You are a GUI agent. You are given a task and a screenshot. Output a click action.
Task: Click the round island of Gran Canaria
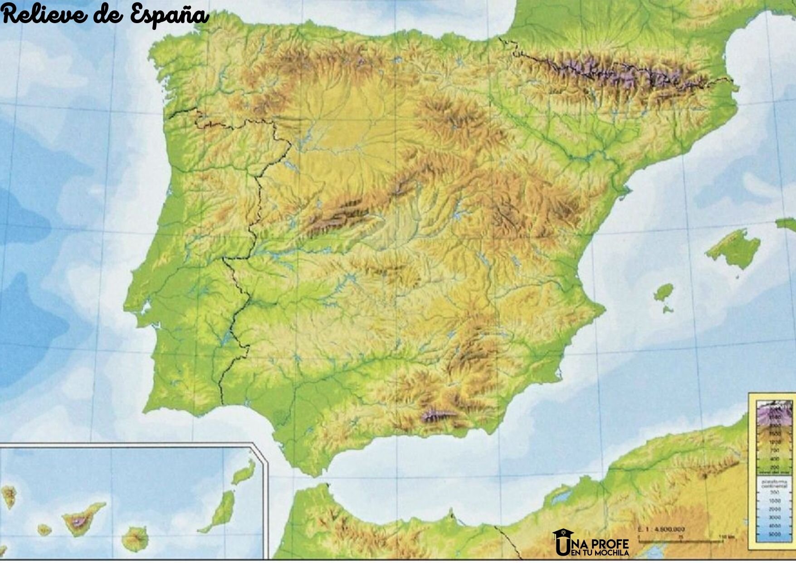[x=135, y=539]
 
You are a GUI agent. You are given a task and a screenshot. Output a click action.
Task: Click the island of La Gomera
[x=44, y=529]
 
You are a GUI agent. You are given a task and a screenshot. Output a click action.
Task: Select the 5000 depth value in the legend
[x=774, y=534]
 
